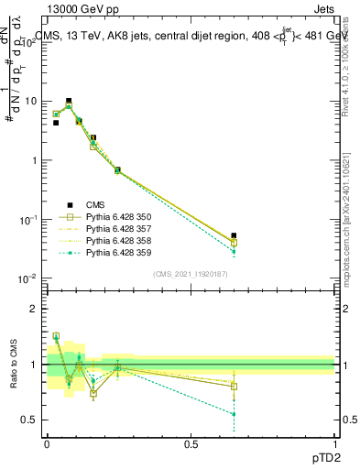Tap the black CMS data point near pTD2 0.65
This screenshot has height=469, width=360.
(234, 235)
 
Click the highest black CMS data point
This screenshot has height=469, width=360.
(69, 101)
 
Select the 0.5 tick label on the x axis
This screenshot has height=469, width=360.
(191, 444)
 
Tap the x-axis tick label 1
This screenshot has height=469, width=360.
(334, 444)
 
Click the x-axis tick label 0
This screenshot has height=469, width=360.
(46, 444)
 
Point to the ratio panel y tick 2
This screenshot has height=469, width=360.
(34, 309)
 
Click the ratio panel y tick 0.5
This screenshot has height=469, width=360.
(30, 420)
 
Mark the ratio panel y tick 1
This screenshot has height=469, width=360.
(34, 365)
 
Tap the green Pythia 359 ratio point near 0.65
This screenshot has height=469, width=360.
(234, 414)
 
